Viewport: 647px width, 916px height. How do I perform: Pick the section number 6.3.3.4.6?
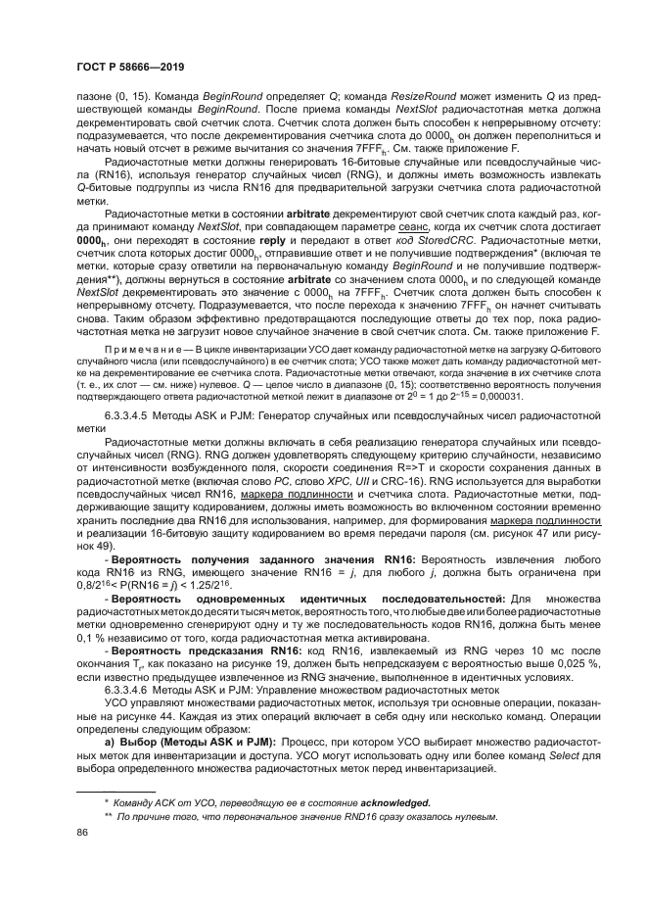pos(133,662)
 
